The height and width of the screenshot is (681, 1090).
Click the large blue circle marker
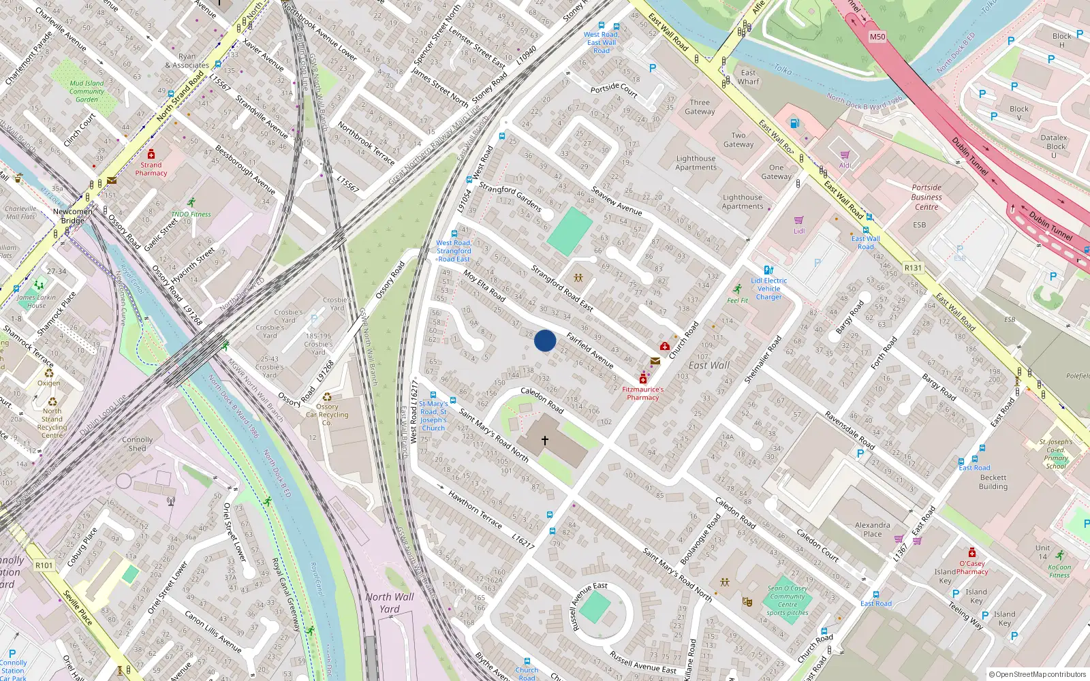point(545,340)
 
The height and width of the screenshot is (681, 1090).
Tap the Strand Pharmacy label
point(151,169)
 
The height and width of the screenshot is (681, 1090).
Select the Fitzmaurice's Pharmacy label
point(642,394)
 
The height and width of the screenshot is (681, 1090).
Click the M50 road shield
point(877,37)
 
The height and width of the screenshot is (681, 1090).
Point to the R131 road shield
point(913,268)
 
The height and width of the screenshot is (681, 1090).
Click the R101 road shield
point(44,565)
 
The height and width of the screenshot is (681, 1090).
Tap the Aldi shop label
point(845,165)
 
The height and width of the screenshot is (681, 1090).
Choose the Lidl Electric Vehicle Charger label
point(769,289)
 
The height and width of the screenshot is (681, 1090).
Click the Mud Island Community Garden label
point(87,91)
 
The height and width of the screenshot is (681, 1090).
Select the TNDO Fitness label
point(191,214)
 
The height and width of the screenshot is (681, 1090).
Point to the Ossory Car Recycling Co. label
point(327,414)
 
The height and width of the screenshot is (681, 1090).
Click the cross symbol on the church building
point(545,441)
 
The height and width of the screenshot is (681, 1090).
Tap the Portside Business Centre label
point(926,197)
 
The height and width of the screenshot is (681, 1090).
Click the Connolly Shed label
point(138,444)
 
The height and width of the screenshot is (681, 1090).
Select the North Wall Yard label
point(390,603)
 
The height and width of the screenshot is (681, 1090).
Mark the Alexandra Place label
point(873,530)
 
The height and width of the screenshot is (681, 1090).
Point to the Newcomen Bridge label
point(73,216)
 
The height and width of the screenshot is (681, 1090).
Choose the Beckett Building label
point(993,482)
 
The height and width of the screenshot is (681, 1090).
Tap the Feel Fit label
point(738,300)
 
